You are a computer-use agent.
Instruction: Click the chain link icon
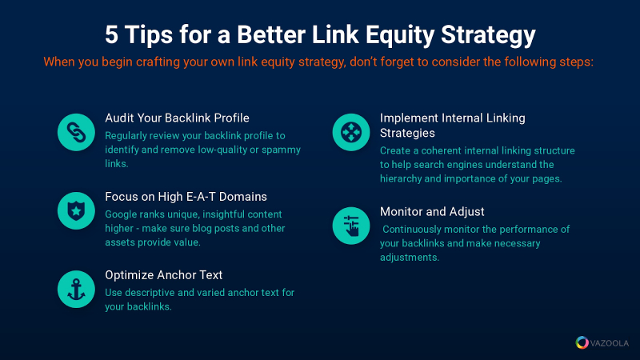click(76, 132)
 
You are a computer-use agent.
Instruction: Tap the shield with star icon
click(76, 210)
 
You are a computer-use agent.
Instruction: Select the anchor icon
click(76, 289)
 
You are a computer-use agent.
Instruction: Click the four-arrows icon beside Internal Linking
click(351, 132)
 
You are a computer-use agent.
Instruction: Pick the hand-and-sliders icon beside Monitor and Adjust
click(351, 226)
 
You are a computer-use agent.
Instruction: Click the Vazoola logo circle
click(582, 342)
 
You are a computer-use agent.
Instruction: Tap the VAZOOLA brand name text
click(610, 343)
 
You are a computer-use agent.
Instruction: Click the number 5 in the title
click(111, 34)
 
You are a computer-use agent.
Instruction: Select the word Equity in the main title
click(399, 36)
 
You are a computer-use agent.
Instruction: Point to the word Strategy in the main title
click(488, 36)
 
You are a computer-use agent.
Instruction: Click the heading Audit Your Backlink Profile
click(177, 118)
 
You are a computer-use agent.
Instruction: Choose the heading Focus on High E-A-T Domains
click(186, 197)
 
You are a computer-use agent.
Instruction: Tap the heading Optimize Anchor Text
click(164, 275)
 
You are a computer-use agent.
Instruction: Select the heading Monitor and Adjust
click(432, 212)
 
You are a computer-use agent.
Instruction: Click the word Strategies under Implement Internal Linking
click(407, 133)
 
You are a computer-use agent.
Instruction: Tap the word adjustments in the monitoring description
click(410, 258)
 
